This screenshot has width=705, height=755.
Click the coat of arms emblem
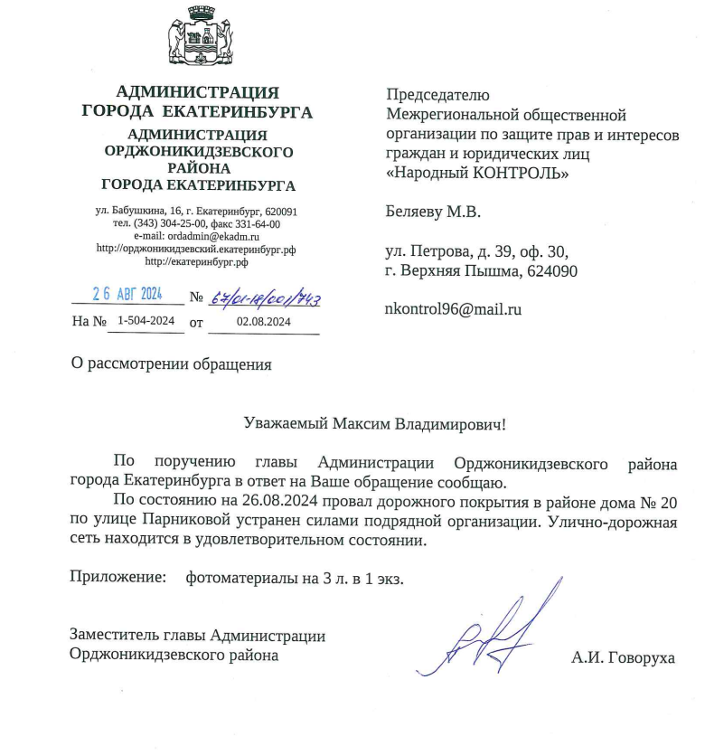pos(196,41)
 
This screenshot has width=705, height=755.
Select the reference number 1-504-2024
pos(146,321)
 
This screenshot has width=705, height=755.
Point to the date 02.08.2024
pos(263,321)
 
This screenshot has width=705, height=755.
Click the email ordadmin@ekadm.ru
pos(196,235)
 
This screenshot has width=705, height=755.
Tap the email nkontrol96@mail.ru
pos(454,308)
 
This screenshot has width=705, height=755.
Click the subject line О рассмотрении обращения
pos(172,365)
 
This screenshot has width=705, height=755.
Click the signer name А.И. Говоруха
pos(623,657)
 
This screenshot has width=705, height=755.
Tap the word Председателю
pos(437,94)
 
